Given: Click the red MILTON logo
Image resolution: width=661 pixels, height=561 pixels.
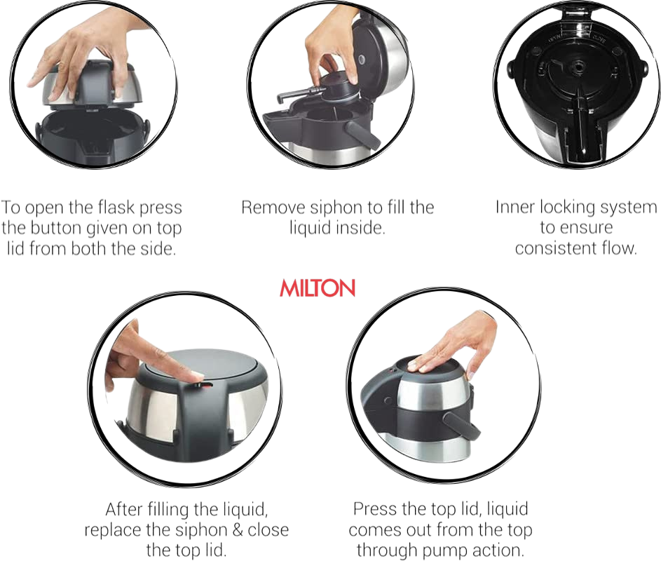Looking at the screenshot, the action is click(318, 288).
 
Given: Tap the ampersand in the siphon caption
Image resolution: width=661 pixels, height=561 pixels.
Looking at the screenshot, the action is click(238, 529).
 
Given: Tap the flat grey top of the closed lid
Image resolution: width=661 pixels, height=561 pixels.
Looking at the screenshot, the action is click(200, 365).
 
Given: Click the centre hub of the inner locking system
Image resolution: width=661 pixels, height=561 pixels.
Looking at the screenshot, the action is click(576, 67).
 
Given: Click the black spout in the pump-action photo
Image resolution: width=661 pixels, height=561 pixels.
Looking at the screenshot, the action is click(461, 424).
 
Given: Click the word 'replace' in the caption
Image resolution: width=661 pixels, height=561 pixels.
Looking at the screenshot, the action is click(113, 531).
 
